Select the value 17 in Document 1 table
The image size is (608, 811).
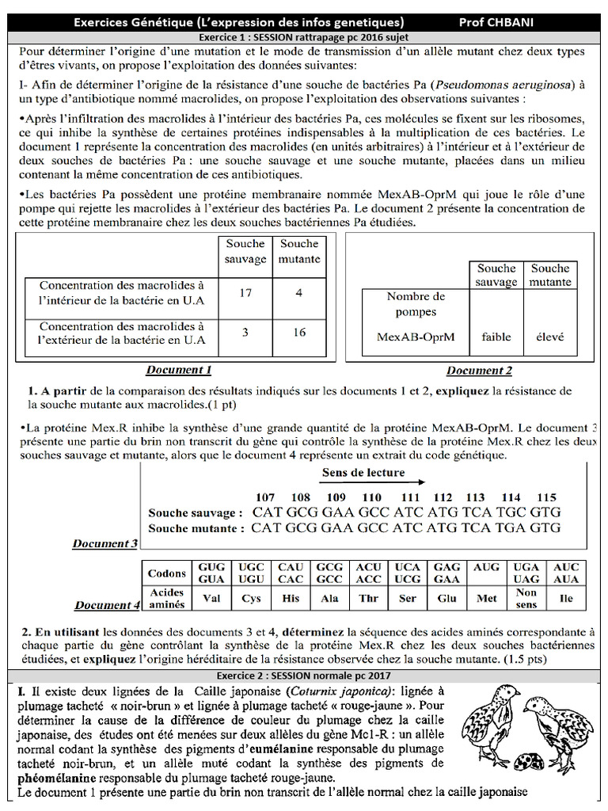click(245, 293)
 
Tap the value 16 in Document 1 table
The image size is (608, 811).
click(299, 333)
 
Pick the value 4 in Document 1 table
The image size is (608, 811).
click(299, 293)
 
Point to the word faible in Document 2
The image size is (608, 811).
click(496, 337)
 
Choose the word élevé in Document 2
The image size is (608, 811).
click(550, 337)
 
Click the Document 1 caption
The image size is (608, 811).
click(179, 370)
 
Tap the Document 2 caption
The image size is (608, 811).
click(479, 371)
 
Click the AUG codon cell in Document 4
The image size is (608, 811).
click(487, 567)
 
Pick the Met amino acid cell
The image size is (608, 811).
click(487, 599)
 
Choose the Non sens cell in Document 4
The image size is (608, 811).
click(526, 599)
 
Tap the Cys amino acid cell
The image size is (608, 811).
click(252, 599)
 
